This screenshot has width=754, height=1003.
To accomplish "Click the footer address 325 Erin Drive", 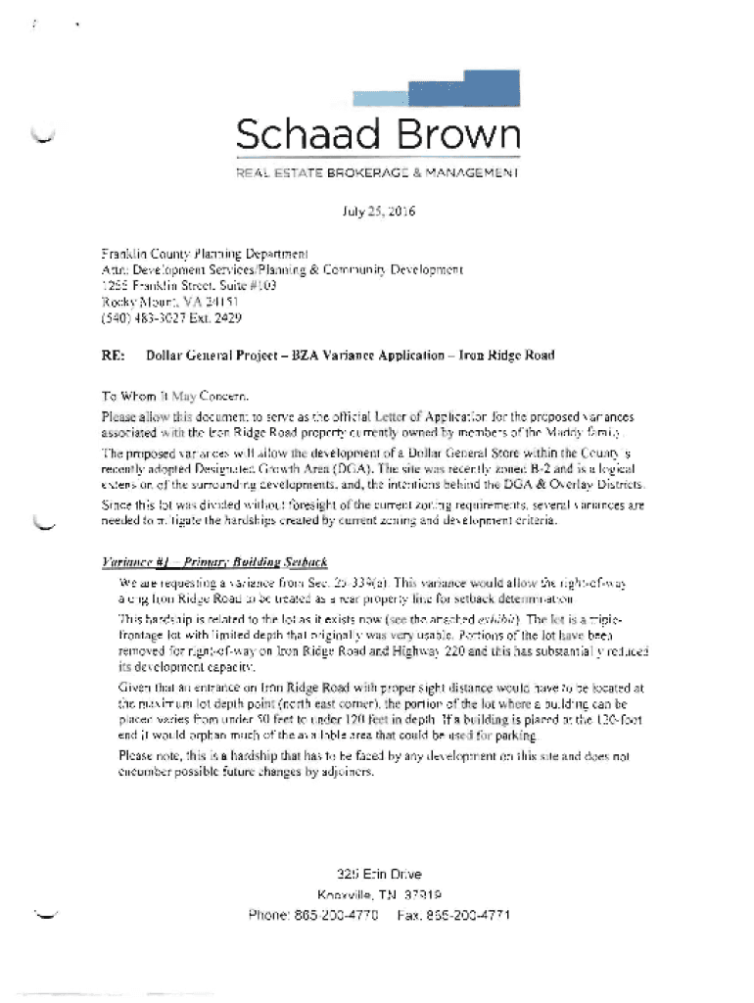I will click(x=380, y=873).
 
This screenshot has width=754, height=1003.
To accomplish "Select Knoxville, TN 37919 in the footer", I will click(x=380, y=894).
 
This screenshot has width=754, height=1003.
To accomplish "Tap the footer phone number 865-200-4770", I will click(x=337, y=916).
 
